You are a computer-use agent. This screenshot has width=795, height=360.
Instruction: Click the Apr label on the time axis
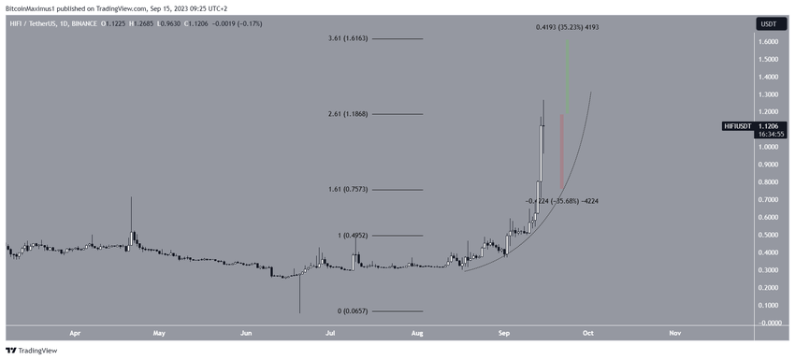pyautogui.click(x=74, y=332)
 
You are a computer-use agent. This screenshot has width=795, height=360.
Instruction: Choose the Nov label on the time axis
pyautogui.click(x=674, y=332)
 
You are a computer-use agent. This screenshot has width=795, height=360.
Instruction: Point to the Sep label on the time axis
pyautogui.click(x=504, y=332)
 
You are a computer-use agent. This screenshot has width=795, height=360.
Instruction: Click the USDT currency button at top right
pyautogui.click(x=767, y=23)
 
